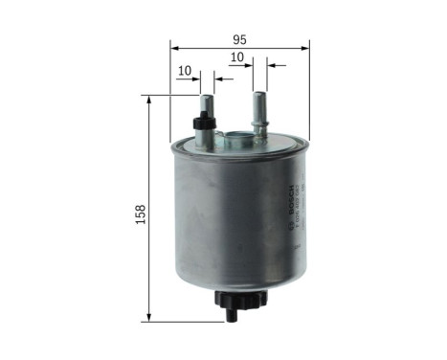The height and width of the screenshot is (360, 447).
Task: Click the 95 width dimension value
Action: point(239,39)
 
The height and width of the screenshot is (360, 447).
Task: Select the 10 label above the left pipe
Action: point(185,70)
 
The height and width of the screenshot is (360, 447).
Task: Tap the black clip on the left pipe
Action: point(202,122)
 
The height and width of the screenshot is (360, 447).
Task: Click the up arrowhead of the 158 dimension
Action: point(150,100)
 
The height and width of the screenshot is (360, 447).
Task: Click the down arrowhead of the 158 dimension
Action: point(150,317)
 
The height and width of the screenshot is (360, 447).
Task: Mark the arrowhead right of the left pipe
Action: point(218,80)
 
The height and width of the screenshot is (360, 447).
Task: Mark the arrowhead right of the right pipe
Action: point(270,66)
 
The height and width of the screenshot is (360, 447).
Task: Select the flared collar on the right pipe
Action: point(258,122)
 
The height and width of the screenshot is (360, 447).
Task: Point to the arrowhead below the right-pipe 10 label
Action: point(248,66)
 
